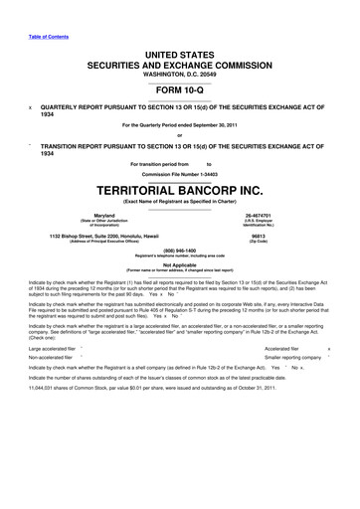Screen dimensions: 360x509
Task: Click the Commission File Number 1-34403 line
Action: (180, 172)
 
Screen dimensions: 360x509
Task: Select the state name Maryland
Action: (96, 215)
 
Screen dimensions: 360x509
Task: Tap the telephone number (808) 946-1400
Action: (180, 252)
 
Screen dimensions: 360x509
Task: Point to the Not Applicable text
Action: (180, 265)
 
